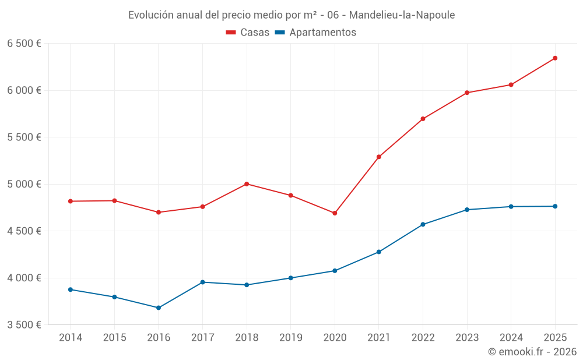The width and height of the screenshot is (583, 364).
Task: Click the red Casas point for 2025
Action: [555, 58]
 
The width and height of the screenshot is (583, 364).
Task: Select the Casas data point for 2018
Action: [247, 184]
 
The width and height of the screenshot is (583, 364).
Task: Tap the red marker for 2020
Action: [335, 213]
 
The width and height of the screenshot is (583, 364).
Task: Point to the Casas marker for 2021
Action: [379, 157]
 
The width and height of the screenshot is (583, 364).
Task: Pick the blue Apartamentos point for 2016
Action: [159, 308]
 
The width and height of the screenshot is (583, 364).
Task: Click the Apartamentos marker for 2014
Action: [70, 289]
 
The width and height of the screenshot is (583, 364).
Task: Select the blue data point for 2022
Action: [423, 224]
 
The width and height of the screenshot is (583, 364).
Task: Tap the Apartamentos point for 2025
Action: [555, 206]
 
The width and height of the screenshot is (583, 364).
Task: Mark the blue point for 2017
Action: [202, 282]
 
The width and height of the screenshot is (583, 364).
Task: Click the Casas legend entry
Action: [248, 33]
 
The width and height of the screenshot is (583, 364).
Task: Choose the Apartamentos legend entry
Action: [315, 33]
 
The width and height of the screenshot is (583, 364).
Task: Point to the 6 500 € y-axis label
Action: [24, 44]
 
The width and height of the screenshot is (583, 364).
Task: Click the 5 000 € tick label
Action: [24, 184]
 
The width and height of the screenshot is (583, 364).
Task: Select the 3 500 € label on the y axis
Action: [24, 324]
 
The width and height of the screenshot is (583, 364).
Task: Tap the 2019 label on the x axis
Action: [291, 338]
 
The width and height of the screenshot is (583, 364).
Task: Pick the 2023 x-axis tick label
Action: [467, 338]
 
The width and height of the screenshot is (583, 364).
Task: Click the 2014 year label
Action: [71, 338]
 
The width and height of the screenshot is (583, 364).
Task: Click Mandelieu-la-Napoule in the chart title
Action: [402, 15]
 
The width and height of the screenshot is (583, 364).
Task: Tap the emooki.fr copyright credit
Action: [532, 352]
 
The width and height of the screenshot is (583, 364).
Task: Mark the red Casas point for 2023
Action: [467, 93]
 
